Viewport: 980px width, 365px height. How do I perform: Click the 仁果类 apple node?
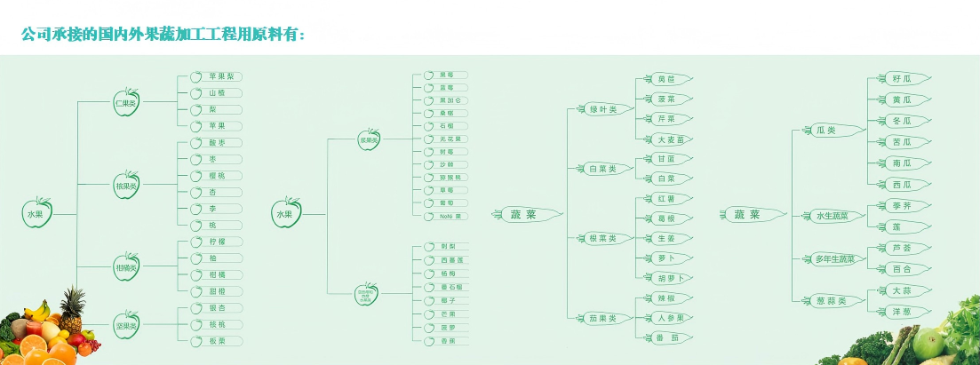pos(126,102)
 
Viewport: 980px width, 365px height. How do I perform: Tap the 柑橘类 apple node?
pos(126,267)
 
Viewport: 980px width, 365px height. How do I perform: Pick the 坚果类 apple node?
pos(126,325)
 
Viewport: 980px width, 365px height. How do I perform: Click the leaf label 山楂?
pos(216,92)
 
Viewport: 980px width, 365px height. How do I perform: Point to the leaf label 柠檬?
pos(216,242)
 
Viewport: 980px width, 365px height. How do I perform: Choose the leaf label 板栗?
pos(216,341)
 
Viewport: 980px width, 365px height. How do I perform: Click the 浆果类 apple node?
pos(369,140)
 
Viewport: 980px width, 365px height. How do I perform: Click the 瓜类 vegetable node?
pos(825,131)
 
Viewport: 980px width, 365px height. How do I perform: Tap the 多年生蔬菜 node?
pos(834,259)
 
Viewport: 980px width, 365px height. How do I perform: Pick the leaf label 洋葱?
pos(901,311)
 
